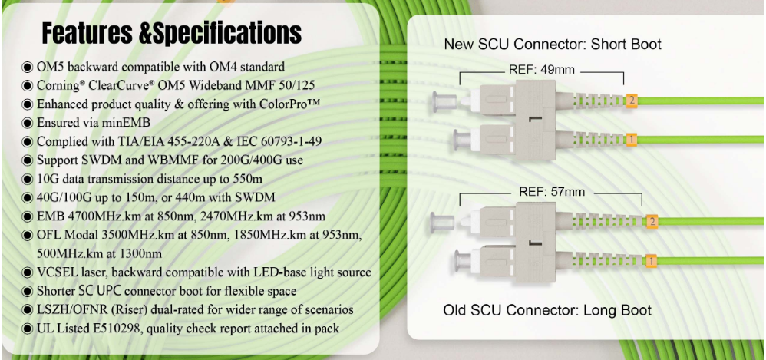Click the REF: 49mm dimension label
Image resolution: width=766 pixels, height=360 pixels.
541,70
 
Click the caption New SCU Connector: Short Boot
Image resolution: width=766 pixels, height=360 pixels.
553,45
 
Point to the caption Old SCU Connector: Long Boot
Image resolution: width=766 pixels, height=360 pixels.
547,310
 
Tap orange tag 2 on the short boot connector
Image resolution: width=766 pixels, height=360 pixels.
632,100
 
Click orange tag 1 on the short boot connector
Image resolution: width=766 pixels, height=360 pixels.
630,140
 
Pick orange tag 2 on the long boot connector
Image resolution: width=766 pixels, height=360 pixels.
652,222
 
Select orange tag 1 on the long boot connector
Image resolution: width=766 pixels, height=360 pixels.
651,262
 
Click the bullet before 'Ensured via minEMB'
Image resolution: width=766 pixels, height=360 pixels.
28,123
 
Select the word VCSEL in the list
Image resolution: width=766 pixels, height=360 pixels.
59,272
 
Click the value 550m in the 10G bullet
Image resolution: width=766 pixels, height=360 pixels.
247,178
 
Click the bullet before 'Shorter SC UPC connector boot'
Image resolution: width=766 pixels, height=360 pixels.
28,291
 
